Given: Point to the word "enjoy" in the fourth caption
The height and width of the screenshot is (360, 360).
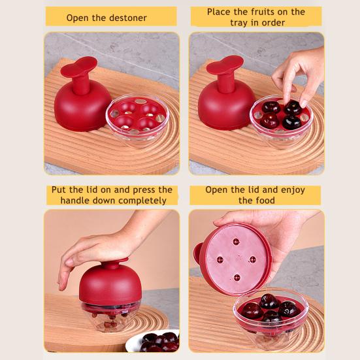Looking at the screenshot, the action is pyautogui.click(x=293, y=190).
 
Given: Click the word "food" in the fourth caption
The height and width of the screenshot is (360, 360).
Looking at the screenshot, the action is pyautogui.click(x=266, y=201).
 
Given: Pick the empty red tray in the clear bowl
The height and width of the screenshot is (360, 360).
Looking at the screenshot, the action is pyautogui.click(x=137, y=116).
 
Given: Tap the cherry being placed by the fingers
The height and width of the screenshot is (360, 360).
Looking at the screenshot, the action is pyautogui.click(x=293, y=107).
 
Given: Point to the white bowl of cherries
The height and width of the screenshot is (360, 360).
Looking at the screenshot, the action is pyautogui.click(x=153, y=341).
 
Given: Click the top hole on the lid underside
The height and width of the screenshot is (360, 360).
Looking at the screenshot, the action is pyautogui.click(x=237, y=242).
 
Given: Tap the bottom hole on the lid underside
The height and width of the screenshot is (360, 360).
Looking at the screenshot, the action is pyautogui.click(x=237, y=277).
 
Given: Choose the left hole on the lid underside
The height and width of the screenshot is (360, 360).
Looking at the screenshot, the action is pyautogui.click(x=220, y=260).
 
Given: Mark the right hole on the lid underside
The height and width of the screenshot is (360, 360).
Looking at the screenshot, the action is pyautogui.click(x=253, y=259).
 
